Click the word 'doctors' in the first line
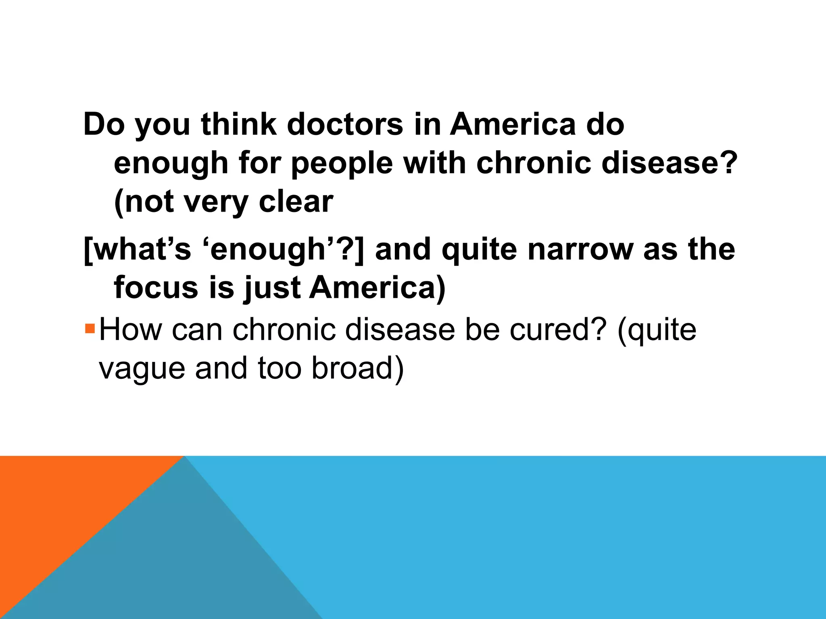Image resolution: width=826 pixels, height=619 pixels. pyautogui.click(x=345, y=124)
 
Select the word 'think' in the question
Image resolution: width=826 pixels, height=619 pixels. pyautogui.click(x=239, y=124)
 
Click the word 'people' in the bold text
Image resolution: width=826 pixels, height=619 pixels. pyautogui.click(x=342, y=164)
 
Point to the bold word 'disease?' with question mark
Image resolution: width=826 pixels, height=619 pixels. pyautogui.click(x=669, y=163)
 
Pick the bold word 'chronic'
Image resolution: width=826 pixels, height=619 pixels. pyautogui.click(x=534, y=163)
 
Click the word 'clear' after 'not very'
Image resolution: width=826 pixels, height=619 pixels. pyautogui.click(x=296, y=201)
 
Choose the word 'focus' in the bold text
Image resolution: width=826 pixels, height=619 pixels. pyautogui.click(x=156, y=288)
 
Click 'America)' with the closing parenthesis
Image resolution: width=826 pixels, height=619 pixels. pyautogui.click(x=377, y=288)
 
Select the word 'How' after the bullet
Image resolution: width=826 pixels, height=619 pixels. pyautogui.click(x=130, y=330)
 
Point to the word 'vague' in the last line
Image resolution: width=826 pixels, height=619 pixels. pyautogui.click(x=142, y=369)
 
